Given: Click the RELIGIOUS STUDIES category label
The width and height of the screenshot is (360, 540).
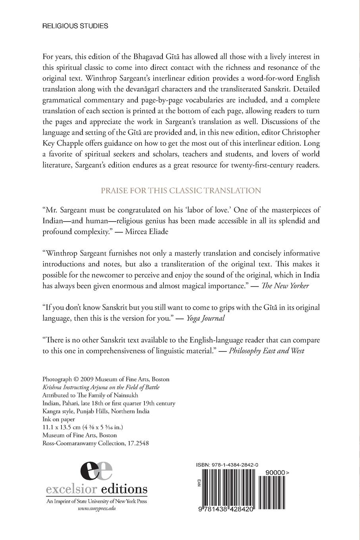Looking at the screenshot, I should point(75,26).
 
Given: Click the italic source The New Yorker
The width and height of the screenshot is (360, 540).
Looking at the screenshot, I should point(284,286).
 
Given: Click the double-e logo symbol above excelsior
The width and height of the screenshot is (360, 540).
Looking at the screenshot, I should point(96,472).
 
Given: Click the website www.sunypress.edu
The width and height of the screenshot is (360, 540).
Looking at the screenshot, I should point(97,508).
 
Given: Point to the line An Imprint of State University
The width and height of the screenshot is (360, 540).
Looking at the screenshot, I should point(97,501).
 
